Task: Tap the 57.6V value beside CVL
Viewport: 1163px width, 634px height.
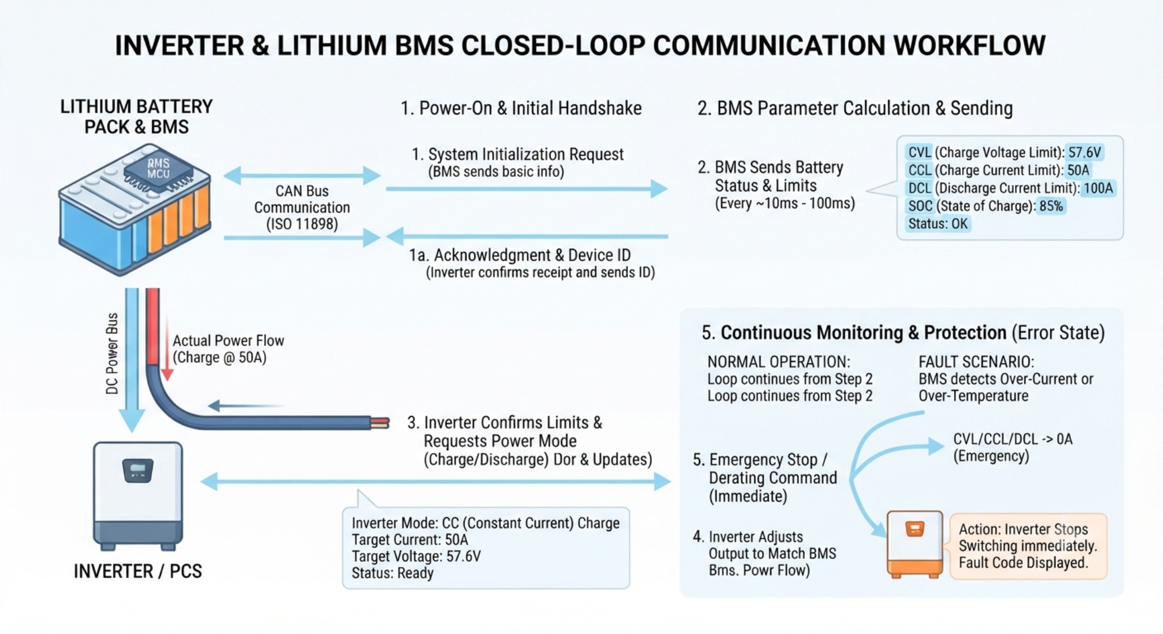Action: click(x=1084, y=153)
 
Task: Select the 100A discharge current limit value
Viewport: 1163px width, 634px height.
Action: click(x=1098, y=188)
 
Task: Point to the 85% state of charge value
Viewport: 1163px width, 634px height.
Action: click(x=1051, y=206)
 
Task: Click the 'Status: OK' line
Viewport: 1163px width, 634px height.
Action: click(x=937, y=224)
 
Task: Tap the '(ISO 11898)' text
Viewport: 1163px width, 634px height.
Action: click(x=302, y=224)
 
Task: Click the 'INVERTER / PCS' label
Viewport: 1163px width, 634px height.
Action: click(x=137, y=571)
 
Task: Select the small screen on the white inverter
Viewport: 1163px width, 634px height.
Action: click(x=137, y=470)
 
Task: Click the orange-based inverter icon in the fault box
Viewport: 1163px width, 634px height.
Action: click(x=915, y=544)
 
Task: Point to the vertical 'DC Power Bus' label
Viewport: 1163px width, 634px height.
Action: click(x=112, y=353)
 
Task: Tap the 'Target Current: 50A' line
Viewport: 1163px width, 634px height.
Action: click(x=409, y=540)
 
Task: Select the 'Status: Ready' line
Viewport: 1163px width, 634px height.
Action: click(x=392, y=573)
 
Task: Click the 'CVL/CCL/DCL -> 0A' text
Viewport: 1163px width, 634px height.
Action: click(x=1013, y=439)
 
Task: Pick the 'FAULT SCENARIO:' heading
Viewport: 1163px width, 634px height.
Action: click(x=976, y=362)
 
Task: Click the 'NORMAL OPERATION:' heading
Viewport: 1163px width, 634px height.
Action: click(x=778, y=362)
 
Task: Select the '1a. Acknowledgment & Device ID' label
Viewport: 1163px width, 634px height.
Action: click(x=520, y=255)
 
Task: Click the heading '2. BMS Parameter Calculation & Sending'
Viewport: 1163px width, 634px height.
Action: click(x=855, y=108)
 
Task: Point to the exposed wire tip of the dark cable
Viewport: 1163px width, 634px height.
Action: click(x=380, y=423)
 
